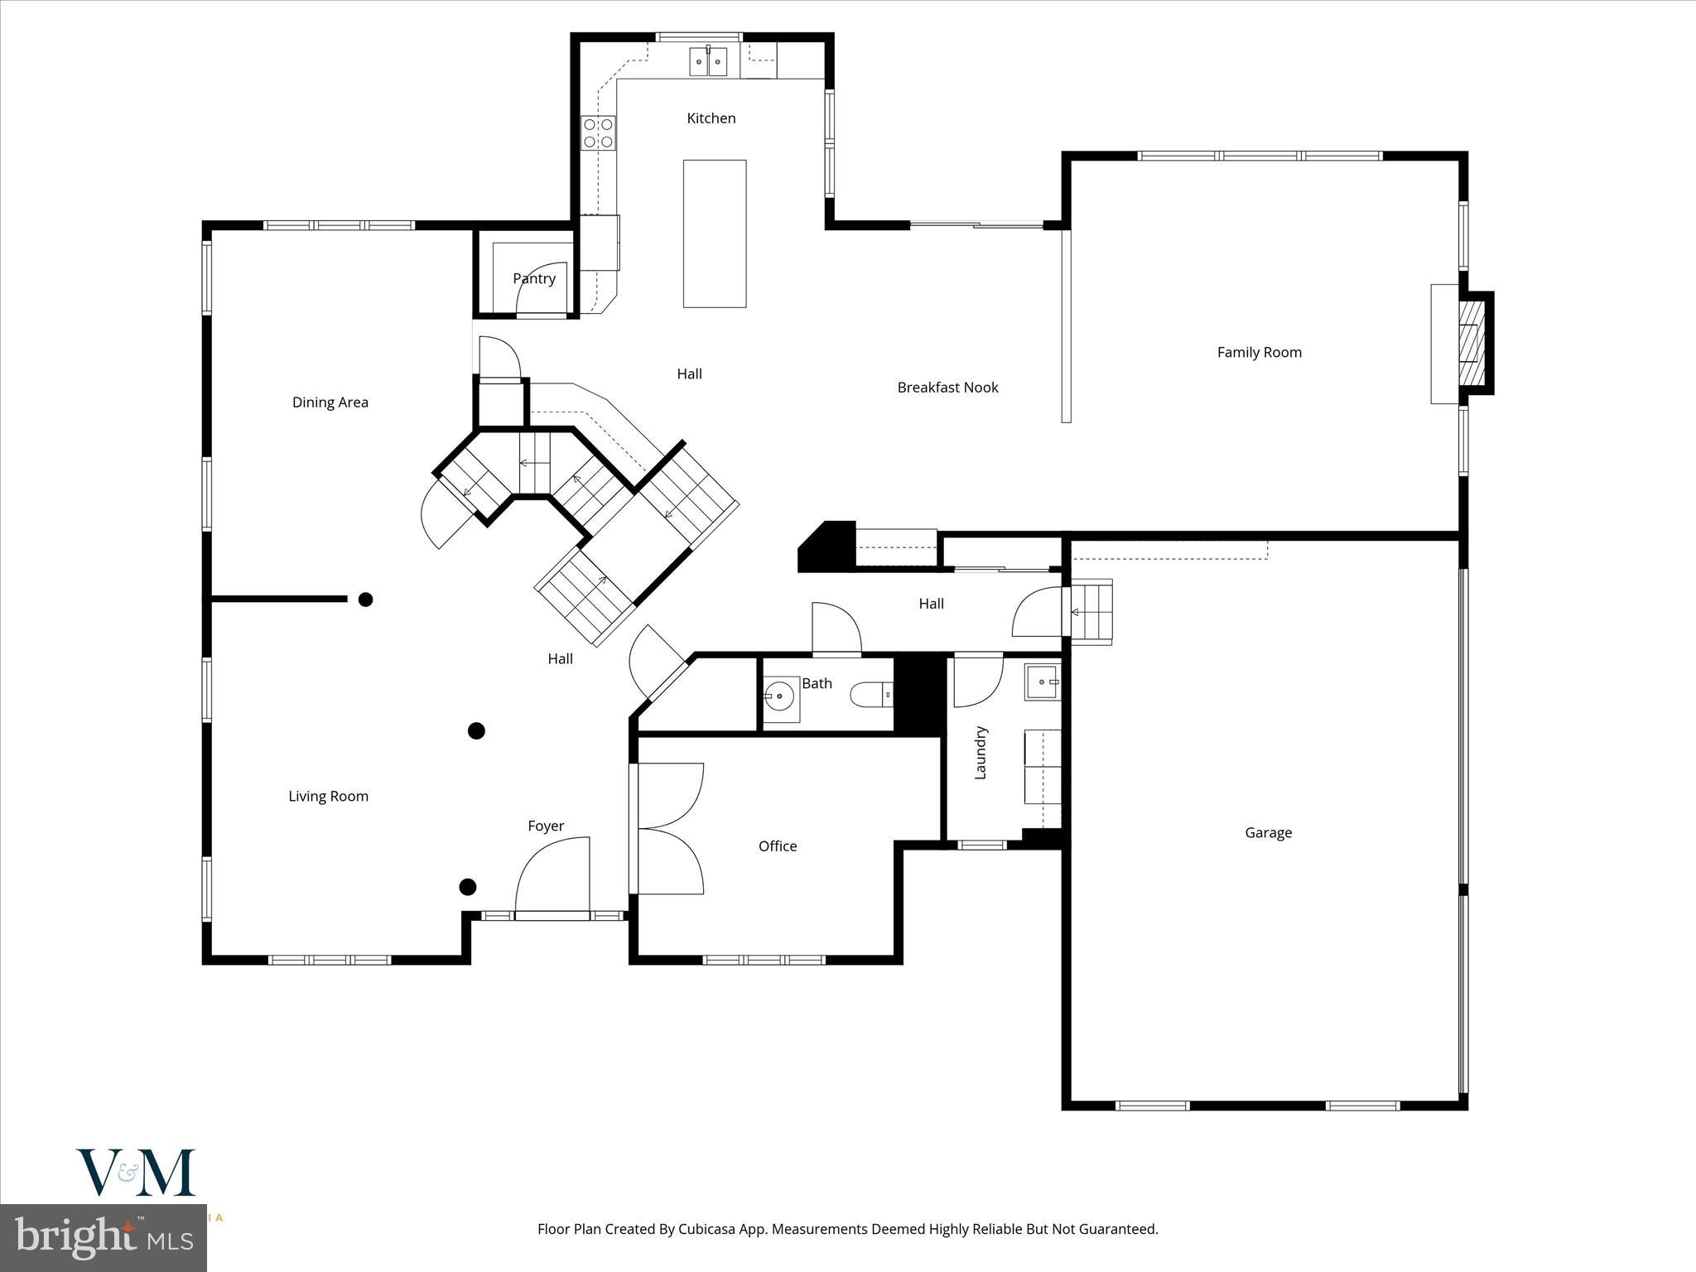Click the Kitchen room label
pos(711,118)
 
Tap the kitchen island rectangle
pos(714,234)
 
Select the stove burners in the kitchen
pos(598,133)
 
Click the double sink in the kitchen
pos(708,62)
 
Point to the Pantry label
pos(534,278)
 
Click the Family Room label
pos(1259,352)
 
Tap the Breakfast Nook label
pos(947,388)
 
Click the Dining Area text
pos(330,402)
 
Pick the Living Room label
pos(328,797)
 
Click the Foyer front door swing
pos(553,874)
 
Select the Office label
pos(777,846)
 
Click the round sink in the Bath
pos(779,696)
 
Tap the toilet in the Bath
pos(871,694)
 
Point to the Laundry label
pos(980,752)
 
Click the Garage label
pos(1268,833)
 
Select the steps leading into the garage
pos(1091,612)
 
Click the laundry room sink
pos(1043,682)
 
